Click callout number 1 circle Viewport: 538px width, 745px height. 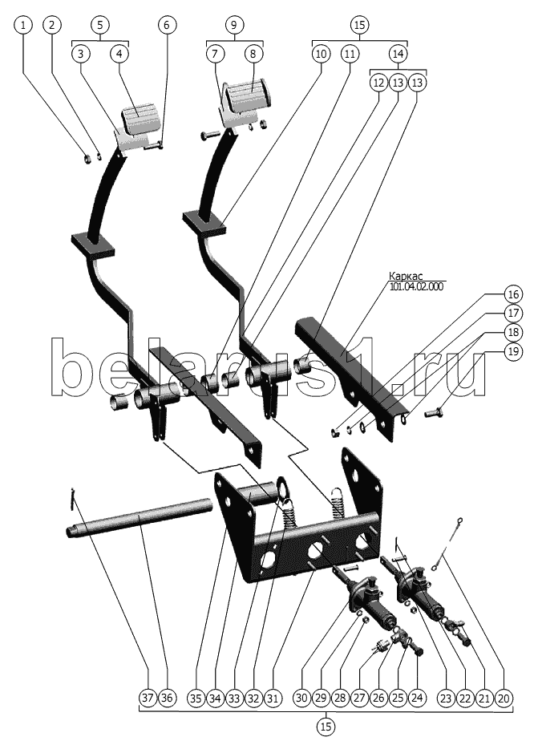coord(24,25)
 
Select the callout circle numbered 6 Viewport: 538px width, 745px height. coord(166,25)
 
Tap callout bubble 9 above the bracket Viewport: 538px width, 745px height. coord(233,25)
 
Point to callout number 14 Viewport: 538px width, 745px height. coord(398,54)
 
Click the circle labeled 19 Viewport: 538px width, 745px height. coord(513,351)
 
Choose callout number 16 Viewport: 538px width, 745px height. coord(513,294)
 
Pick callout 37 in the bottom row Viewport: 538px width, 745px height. coord(148,698)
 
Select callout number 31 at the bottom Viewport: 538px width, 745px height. coord(273,698)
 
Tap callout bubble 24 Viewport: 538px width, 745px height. coord(417,698)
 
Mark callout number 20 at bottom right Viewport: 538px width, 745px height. coord(504,698)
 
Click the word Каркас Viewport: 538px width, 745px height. coord(406,276)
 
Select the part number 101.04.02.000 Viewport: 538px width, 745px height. coord(416,286)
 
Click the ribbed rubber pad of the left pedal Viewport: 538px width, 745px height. coord(140,118)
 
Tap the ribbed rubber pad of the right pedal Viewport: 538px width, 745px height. coord(248,96)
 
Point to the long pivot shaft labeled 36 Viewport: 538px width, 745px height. coord(139,517)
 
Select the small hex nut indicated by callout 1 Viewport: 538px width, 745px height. coord(87,158)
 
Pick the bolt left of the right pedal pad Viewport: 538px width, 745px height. coord(209,136)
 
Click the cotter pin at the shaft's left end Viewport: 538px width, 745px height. coord(72,499)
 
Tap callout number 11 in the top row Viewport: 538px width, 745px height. coord(350,54)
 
